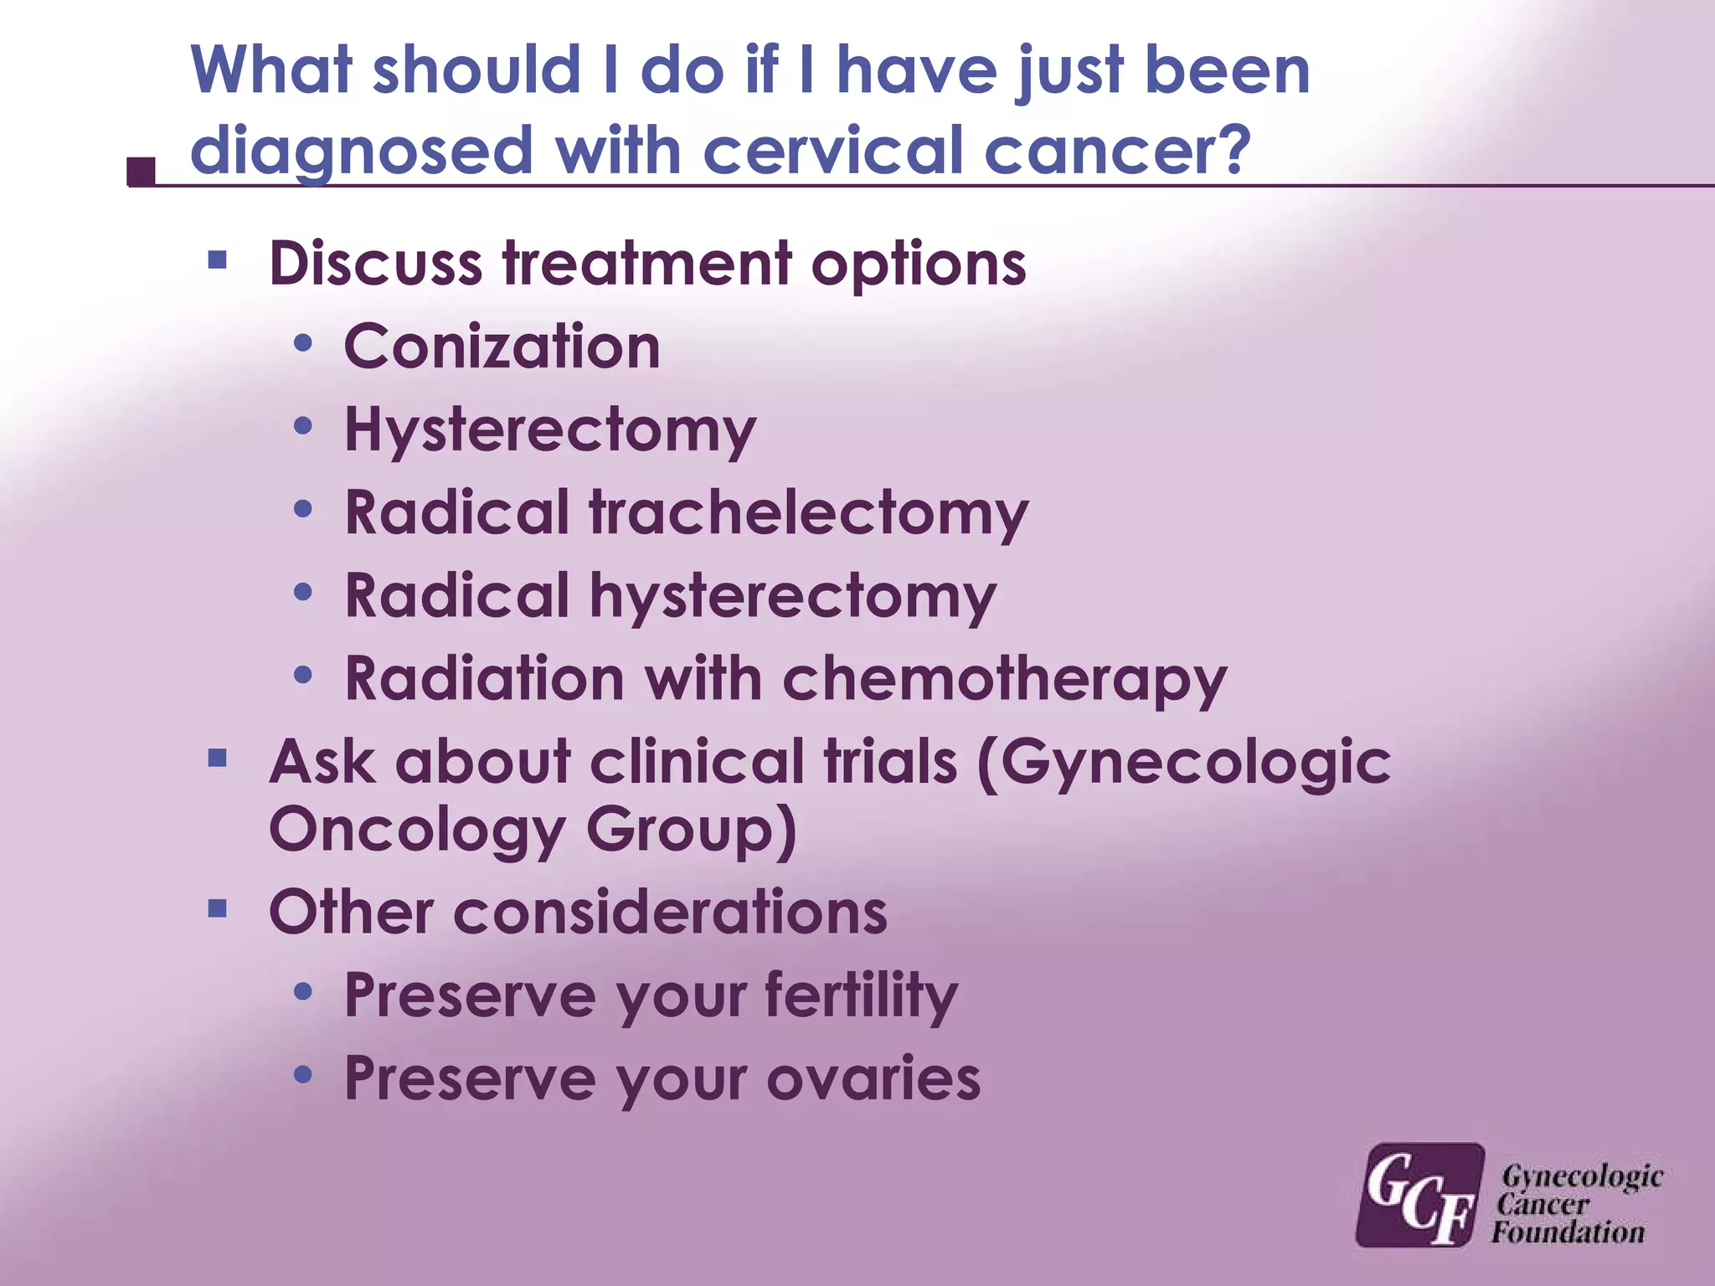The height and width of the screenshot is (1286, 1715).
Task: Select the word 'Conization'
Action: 502,347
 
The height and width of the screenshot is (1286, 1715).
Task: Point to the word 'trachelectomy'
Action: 809,513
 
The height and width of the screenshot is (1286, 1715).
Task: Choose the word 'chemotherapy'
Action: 1004,680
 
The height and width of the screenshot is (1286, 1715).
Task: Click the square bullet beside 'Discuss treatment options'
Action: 218,260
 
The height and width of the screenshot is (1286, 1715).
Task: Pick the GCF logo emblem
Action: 1419,1196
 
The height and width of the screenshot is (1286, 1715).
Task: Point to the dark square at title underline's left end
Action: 142,171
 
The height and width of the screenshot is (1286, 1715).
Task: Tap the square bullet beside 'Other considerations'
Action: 218,908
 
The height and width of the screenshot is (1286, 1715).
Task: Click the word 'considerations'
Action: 670,912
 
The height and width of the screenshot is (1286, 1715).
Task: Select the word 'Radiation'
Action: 485,678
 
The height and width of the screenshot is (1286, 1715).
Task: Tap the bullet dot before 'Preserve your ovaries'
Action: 303,1074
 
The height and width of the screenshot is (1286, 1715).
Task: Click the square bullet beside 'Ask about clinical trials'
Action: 218,759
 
